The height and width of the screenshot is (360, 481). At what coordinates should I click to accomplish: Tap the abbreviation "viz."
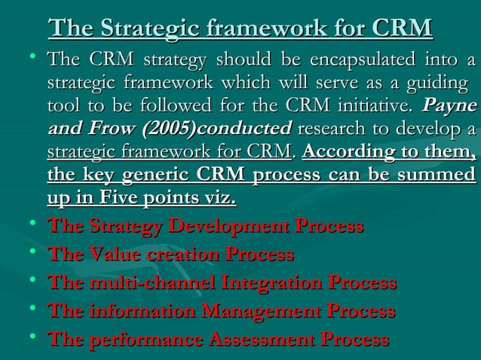(218, 198)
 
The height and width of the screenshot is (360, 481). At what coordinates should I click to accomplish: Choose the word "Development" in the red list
(227, 227)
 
